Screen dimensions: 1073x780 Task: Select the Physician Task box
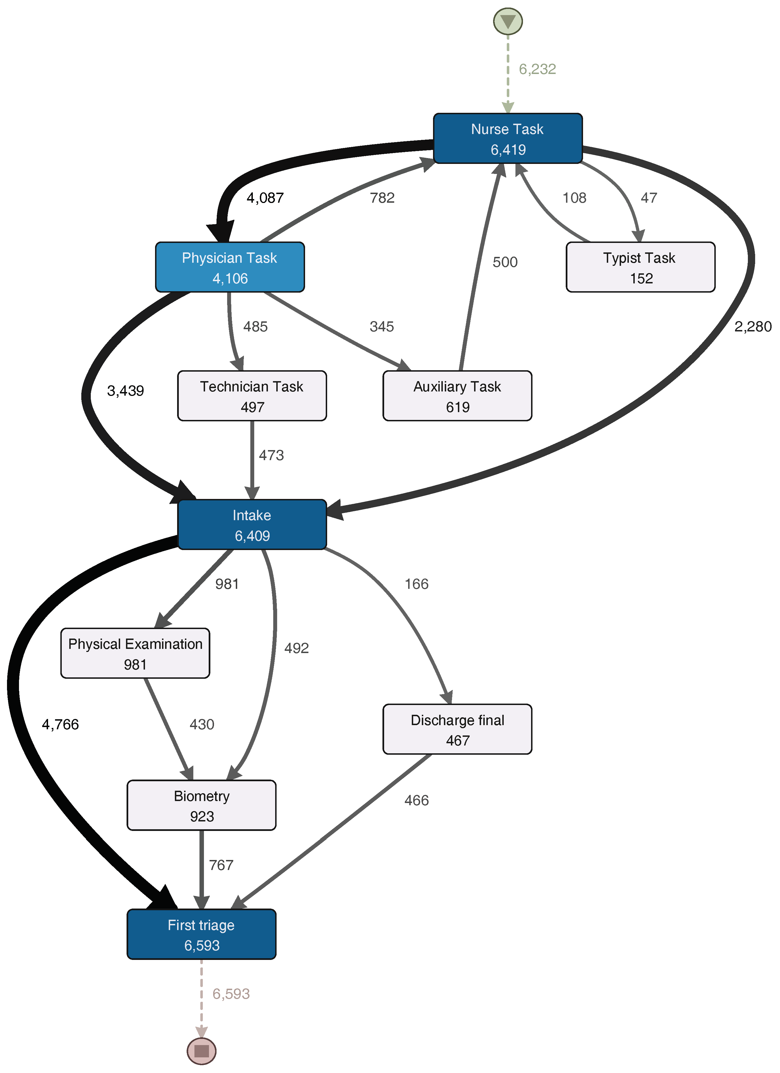(x=230, y=267)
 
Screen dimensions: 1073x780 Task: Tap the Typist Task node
(x=640, y=267)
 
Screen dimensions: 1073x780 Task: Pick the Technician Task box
(x=252, y=396)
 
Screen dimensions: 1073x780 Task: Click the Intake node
(x=252, y=525)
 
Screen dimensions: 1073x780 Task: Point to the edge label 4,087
(x=265, y=198)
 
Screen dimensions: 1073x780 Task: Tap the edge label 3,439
(x=125, y=391)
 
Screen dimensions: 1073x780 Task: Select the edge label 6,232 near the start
(x=537, y=69)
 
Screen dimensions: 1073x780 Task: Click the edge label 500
(x=505, y=262)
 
